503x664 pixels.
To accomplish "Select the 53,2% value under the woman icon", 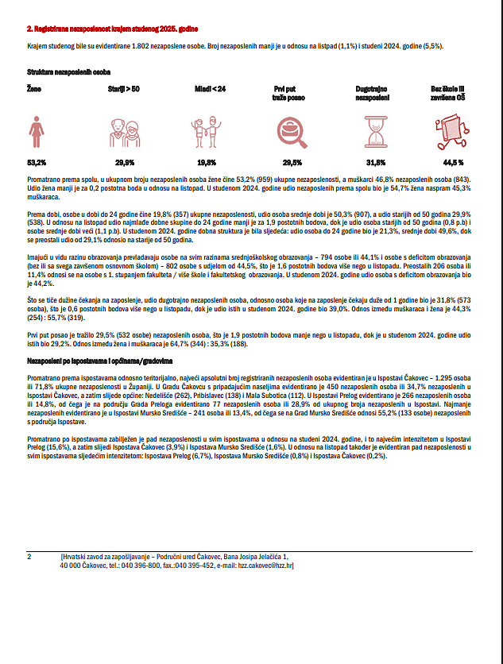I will point(37,162).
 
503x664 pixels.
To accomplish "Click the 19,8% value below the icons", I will point(206,162).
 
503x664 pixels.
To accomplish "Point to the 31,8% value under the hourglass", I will point(376,162).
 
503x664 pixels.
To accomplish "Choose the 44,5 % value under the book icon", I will point(453,162).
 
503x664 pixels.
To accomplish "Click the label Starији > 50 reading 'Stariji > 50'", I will point(124,89).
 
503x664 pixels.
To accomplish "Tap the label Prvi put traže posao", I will point(289,93).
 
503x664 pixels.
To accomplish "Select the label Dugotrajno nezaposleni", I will point(373,93).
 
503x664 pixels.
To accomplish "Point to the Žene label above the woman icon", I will point(34,89).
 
